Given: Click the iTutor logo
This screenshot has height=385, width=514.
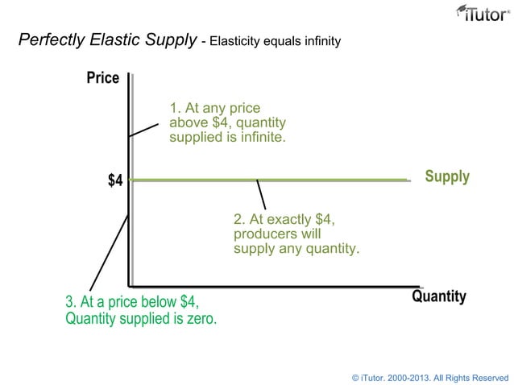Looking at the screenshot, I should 482,14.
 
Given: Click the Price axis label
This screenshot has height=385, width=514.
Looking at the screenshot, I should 103,78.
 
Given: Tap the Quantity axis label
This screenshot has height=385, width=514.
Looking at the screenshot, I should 438,296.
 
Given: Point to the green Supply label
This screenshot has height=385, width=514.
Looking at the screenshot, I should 446,176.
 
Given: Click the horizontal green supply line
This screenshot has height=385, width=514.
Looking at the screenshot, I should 322,180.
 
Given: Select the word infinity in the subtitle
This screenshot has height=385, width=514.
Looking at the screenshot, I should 318,40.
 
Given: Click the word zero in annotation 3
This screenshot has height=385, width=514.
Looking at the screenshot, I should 201,318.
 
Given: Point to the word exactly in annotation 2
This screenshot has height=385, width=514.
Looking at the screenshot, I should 288,219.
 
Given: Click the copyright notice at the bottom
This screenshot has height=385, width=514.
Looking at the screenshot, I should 430,377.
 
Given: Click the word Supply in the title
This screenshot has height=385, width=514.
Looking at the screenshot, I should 170,40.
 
